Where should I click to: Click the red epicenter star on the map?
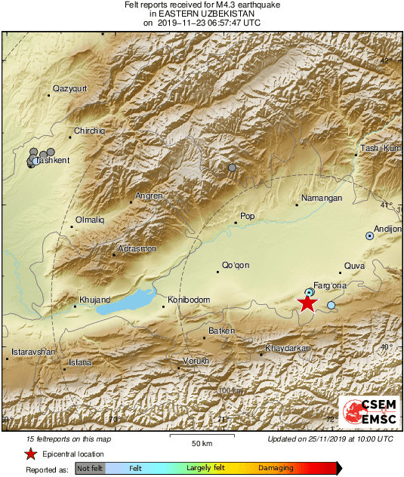(307, 303)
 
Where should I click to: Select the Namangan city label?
(322, 198)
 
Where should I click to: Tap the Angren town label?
(149, 196)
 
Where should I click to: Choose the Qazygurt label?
(70, 90)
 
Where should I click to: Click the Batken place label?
(221, 331)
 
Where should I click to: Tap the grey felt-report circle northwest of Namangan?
(233, 168)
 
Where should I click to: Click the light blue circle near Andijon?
(369, 235)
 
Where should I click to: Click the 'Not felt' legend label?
(90, 469)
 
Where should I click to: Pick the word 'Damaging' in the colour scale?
(276, 468)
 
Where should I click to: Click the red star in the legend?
(30, 454)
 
